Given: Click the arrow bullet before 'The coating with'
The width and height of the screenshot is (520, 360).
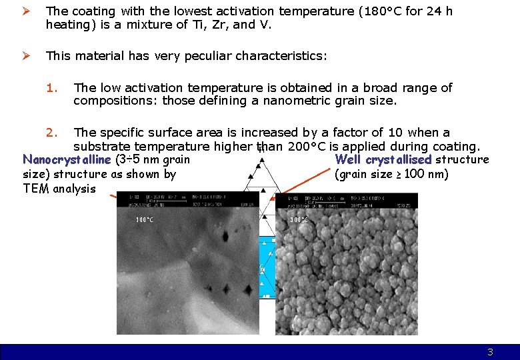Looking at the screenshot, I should tap(28, 11).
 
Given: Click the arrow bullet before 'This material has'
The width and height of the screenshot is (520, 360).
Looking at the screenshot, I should tap(28, 56).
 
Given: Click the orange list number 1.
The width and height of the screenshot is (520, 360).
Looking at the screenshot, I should tap(53, 88).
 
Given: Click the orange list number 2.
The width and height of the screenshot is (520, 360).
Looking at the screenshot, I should tap(53, 133).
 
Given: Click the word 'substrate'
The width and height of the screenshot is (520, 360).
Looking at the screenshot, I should tap(101, 146).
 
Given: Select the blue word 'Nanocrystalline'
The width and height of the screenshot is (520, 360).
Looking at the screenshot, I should tap(67, 159).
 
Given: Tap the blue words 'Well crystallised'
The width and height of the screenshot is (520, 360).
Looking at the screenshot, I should tap(383, 159).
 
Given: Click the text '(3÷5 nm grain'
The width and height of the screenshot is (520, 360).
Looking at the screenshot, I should tap(153, 159).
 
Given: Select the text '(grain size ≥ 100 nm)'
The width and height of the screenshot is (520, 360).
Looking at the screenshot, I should tap(391, 175).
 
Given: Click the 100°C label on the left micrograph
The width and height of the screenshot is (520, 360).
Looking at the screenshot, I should tap(145, 220).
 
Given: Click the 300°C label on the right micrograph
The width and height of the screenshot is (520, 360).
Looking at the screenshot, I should tap(299, 220).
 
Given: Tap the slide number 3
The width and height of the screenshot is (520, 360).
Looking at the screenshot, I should tap(490, 352).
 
